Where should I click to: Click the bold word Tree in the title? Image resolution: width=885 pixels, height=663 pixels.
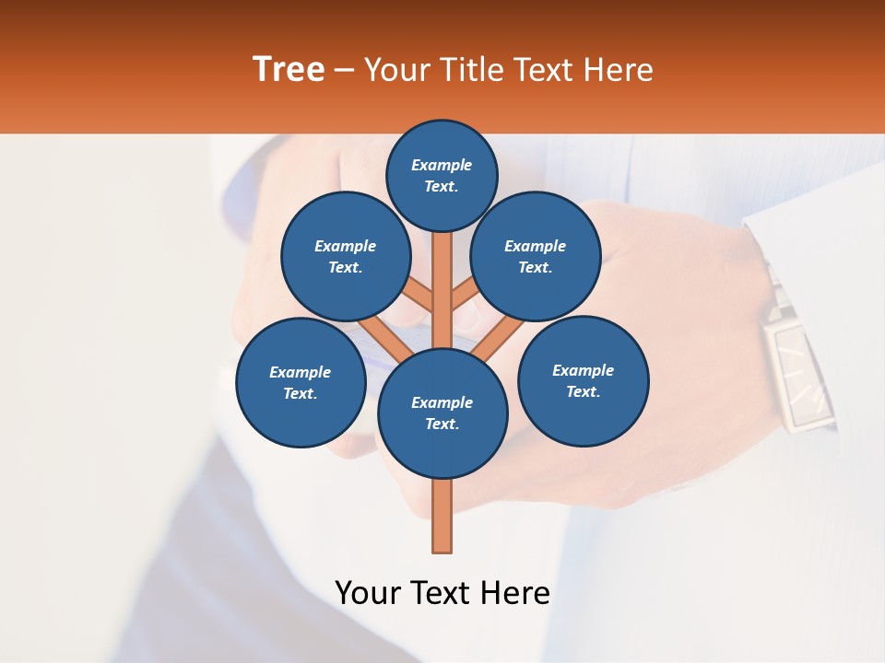[289, 69]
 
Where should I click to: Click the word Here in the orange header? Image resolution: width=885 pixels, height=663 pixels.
[619, 70]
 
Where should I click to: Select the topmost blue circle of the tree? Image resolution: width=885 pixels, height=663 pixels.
[442, 175]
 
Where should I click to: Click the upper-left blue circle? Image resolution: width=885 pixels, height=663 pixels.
[346, 256]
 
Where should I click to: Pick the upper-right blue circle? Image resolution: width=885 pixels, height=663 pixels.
[536, 256]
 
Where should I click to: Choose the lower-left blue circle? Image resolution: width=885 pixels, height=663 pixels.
[301, 382]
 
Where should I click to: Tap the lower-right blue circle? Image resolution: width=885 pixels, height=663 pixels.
[584, 380]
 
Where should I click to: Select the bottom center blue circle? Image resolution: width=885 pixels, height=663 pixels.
[442, 413]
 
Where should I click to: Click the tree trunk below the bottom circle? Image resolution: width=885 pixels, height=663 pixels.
[442, 516]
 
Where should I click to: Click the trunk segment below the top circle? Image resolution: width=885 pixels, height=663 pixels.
[442, 276]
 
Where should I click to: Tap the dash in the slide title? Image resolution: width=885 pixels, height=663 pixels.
[345, 70]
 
